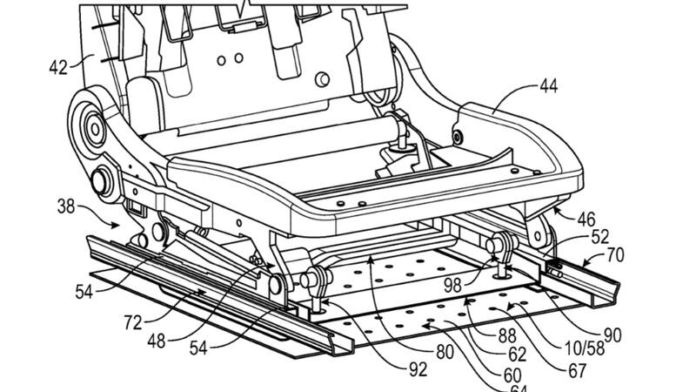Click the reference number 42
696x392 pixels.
pyautogui.click(x=58, y=67)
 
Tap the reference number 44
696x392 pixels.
pyautogui.click(x=549, y=85)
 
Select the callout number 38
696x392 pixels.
pyautogui.click(x=66, y=206)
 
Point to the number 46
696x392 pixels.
pyautogui.click(x=586, y=220)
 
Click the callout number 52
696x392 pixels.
pyautogui.click(x=600, y=237)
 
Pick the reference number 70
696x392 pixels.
pyautogui.click(x=615, y=255)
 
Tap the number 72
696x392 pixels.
pyautogui.click(x=133, y=322)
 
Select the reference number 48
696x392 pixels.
pyautogui.click(x=157, y=341)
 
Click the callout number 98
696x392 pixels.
pyautogui.click(x=453, y=286)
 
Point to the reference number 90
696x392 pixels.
pyautogui.click(x=612, y=335)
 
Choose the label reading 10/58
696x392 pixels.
pyautogui.click(x=583, y=349)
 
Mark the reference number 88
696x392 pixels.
pyautogui.click(x=507, y=336)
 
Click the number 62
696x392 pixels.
pyautogui.click(x=518, y=355)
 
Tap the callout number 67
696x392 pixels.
pyautogui.click(x=578, y=371)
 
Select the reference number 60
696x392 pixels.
pyautogui.click(x=512, y=375)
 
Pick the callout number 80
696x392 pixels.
pyautogui.click(x=445, y=352)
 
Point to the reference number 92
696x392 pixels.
pyautogui.click(x=418, y=368)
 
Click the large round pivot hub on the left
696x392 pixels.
pyautogui.click(x=94, y=129)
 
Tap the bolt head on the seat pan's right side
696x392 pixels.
pyautogui.click(x=458, y=137)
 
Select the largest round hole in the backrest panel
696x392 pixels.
pyautogui.click(x=322, y=79)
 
